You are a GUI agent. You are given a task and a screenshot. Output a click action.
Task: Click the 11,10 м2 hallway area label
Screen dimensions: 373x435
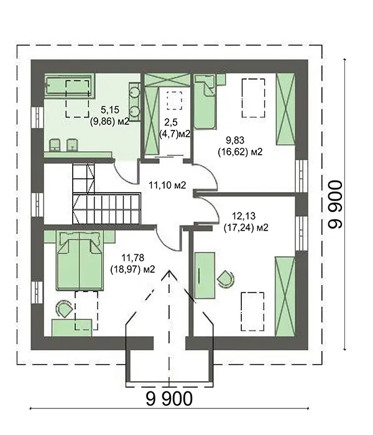tap(167, 185)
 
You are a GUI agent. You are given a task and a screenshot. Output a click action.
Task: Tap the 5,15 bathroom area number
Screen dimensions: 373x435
tap(110, 110)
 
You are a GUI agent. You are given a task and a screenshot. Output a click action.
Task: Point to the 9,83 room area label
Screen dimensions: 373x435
tap(235, 140)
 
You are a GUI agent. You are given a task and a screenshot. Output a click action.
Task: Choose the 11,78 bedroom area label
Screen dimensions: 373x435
tap(132, 258)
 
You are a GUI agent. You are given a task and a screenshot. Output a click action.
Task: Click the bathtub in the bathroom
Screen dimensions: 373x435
tap(68, 86)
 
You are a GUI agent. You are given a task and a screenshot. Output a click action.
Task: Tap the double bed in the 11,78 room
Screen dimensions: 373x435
tap(80, 261)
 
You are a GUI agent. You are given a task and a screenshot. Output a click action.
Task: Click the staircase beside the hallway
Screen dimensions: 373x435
tap(106, 194)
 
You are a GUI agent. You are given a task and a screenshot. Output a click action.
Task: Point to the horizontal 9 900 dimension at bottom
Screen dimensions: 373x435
tap(169, 399)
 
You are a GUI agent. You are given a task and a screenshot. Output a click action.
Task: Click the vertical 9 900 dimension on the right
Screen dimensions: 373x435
tap(335, 204)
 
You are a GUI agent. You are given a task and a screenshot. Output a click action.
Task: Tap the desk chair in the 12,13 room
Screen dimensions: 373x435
tap(226, 278)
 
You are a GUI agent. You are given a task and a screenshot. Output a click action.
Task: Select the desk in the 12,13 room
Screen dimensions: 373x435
tap(205, 275)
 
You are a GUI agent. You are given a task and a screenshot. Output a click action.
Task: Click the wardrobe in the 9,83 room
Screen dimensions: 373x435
tap(285, 109)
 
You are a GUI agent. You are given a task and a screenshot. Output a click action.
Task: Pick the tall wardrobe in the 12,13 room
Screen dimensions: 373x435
tap(285, 296)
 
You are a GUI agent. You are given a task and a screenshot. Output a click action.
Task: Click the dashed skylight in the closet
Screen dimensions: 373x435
tap(174, 101)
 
